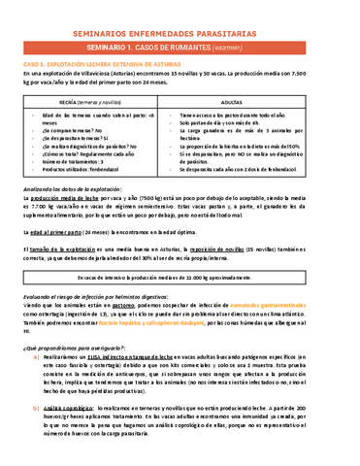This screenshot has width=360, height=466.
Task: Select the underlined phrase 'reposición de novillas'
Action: click(247, 251)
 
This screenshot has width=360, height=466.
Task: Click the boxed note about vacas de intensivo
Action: click(180, 277)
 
